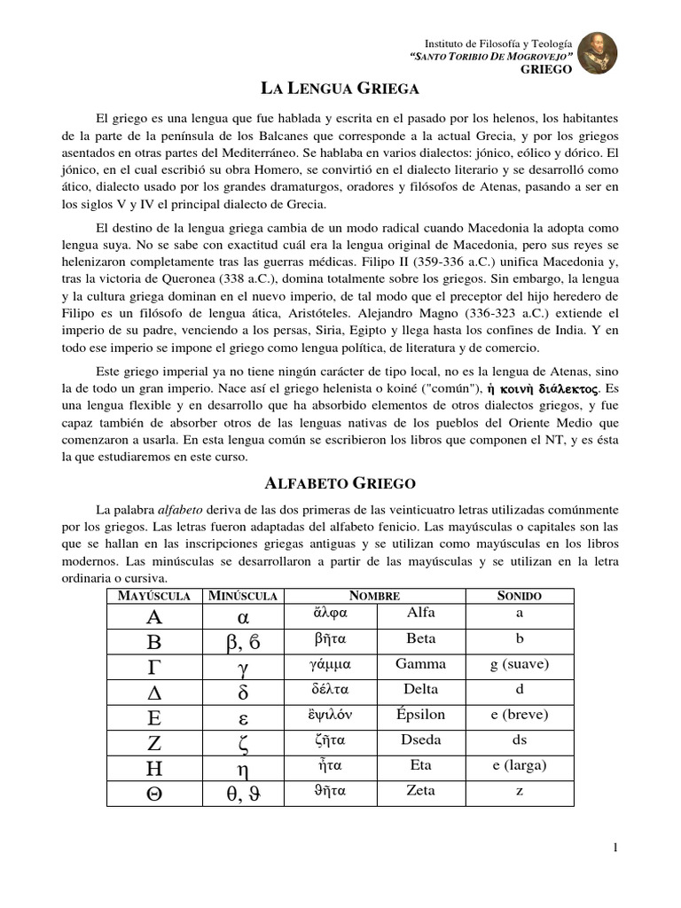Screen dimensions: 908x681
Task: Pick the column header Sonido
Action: coord(520,596)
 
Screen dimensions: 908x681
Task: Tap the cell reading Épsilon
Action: coord(420,715)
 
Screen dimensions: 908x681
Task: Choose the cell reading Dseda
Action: coord(420,740)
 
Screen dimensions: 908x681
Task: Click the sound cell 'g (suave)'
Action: coord(520,664)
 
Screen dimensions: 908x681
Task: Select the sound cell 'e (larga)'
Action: coord(520,765)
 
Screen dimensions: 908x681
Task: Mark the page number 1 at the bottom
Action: coord(614,849)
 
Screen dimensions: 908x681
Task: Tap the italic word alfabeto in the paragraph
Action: coord(181,510)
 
